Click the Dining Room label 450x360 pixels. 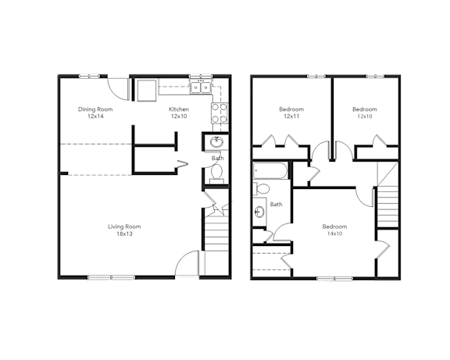[95, 112]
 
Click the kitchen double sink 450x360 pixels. [201, 87]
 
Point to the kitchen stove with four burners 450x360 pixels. [220, 112]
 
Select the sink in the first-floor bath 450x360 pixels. [216, 143]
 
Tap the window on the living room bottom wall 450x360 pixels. [111, 276]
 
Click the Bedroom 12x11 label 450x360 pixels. [291, 112]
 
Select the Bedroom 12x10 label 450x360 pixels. [364, 112]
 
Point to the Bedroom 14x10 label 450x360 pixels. [334, 230]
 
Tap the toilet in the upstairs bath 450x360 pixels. [263, 188]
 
